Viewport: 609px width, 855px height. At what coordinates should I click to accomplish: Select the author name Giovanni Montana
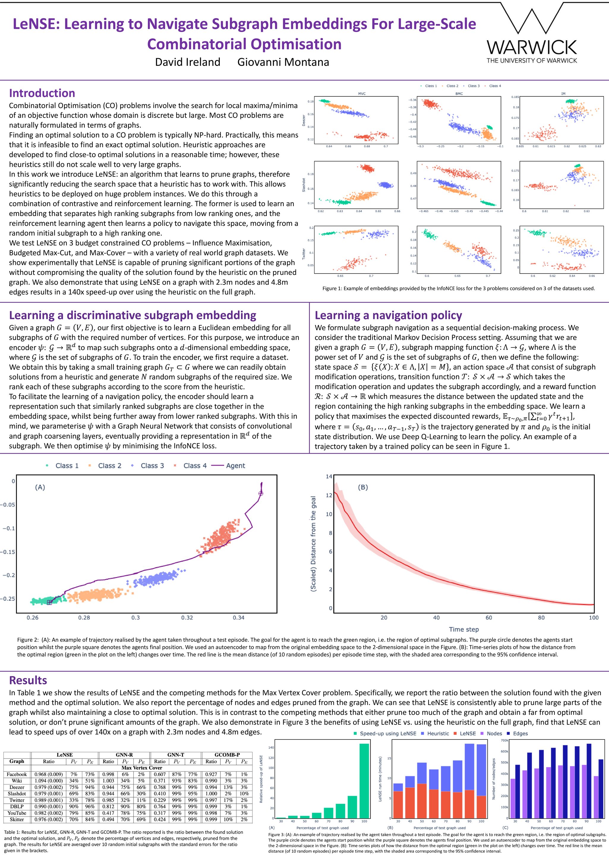coord(283,62)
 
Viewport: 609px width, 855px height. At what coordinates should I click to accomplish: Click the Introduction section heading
coord(42,93)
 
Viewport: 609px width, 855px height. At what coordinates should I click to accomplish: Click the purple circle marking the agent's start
coord(261,493)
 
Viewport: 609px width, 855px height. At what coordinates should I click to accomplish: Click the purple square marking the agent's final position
coord(50,602)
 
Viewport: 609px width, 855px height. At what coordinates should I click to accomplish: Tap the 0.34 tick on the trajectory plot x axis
coord(239,617)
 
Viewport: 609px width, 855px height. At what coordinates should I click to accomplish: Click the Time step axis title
coord(464,629)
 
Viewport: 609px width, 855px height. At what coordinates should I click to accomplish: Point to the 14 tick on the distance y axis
coord(329,476)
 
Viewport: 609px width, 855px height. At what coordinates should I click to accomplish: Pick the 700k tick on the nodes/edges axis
coord(505,740)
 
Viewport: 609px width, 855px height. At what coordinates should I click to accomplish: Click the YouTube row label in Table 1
coord(17,813)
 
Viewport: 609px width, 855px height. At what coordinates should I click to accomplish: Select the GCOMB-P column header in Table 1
coord(227,755)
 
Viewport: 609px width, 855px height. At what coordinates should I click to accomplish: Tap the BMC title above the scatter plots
coord(459,94)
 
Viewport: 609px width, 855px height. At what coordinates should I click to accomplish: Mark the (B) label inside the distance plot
coord(363,487)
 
